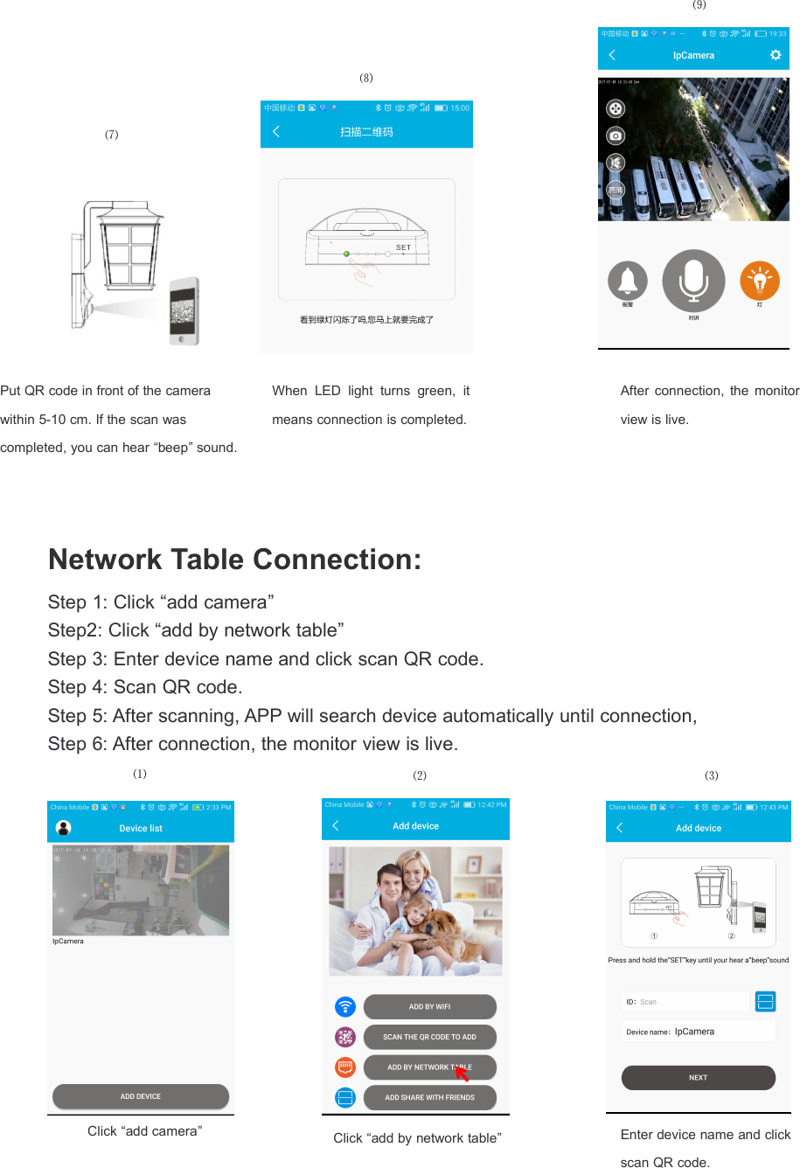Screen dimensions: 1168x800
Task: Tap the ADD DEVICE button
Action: point(141,1096)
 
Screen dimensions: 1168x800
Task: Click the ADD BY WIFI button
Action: point(429,1007)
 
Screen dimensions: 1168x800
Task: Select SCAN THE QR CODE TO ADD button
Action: point(429,1037)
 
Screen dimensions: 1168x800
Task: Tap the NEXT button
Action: point(698,1078)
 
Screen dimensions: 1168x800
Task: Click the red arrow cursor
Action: point(461,1073)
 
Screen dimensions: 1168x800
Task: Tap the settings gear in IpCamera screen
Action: point(776,55)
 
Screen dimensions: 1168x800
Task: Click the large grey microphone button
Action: point(693,281)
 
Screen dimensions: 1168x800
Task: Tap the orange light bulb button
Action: point(760,281)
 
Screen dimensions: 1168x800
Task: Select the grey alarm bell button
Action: point(628,281)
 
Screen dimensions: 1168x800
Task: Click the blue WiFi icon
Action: point(345,1007)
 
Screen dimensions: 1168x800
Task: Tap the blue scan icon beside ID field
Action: point(765,1002)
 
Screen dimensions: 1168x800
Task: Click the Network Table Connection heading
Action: point(234,560)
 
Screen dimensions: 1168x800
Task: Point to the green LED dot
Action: point(347,254)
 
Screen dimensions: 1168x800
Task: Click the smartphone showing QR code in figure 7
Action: point(184,311)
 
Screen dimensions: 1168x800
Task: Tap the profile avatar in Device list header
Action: point(63,828)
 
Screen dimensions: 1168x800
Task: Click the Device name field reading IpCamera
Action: point(698,1032)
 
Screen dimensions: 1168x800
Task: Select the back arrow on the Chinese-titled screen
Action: point(276,132)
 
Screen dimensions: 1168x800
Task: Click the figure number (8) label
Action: point(366,78)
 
